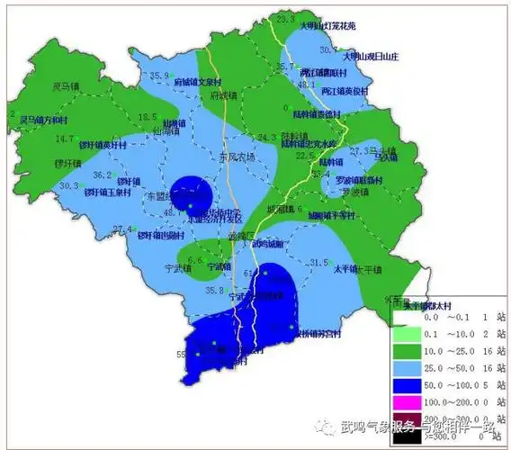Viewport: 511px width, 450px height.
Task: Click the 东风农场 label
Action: click(238, 156)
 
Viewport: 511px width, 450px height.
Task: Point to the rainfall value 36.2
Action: click(103, 175)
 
